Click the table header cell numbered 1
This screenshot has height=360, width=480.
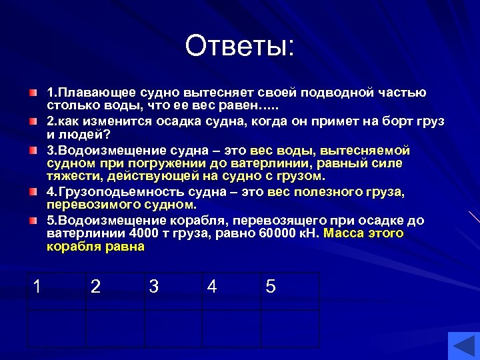(x=56, y=291)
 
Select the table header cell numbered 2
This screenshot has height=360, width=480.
(x=115, y=291)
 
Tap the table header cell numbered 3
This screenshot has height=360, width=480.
(x=173, y=291)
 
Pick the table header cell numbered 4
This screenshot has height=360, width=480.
(x=231, y=291)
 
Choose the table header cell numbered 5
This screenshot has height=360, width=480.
(x=289, y=291)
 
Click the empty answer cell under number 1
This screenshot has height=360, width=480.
(x=56, y=329)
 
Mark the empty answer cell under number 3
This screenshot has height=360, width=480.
(x=173, y=329)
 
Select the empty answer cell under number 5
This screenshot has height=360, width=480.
(x=289, y=329)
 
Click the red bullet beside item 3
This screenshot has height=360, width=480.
(x=33, y=151)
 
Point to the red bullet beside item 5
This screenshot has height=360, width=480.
(x=33, y=220)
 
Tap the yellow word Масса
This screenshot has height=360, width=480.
(x=344, y=233)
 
